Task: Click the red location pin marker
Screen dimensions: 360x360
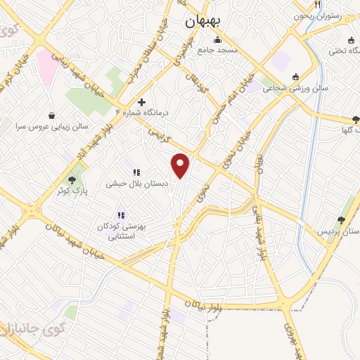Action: (181, 166)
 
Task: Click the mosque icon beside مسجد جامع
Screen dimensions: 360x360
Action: (218, 39)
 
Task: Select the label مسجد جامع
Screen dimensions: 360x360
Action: (218, 51)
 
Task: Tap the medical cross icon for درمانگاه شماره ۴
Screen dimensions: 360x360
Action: (141, 102)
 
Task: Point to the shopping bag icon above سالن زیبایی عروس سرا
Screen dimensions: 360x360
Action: (52, 115)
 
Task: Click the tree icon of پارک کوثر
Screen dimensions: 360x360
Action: (72, 180)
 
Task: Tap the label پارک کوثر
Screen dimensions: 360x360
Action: (72, 191)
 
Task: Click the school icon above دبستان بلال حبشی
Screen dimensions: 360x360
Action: (136, 172)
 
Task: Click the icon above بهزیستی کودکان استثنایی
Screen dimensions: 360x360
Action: (121, 215)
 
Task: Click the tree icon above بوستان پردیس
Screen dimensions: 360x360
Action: (342, 220)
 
